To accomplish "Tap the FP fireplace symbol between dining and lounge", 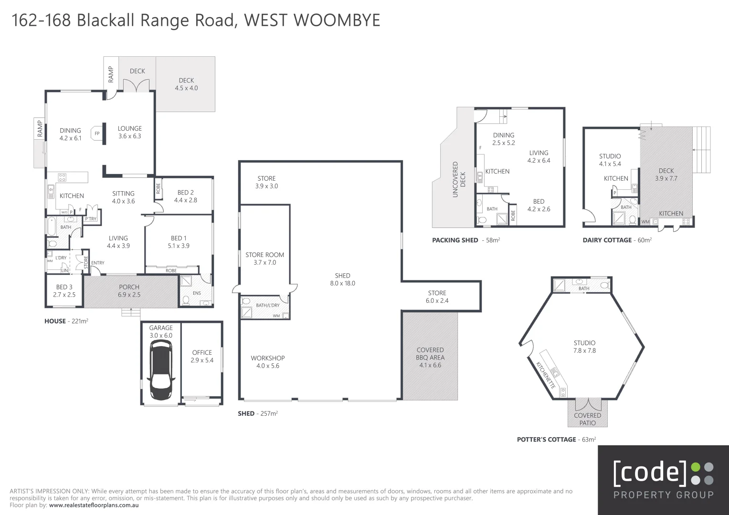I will pos(97,134).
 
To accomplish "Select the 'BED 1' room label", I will pos(179,238).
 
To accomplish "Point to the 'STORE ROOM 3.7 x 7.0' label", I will pos(264,258).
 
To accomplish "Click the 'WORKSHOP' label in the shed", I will pos(267,358).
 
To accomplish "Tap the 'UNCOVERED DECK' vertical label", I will pos(455,179).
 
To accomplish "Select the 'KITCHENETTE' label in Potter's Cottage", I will pos(546,375).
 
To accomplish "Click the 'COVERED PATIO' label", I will pos(587,419).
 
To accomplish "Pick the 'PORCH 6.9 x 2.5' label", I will pos(129,291).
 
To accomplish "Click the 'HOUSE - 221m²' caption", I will pos(66,321).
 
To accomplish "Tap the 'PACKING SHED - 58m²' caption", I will pos(465,240).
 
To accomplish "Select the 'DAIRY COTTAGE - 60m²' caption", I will pos(617,240).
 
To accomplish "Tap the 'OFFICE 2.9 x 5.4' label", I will pos(202,356).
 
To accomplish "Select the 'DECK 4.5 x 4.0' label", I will pos(186,84).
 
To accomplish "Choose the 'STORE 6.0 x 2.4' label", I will pos(437,297).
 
